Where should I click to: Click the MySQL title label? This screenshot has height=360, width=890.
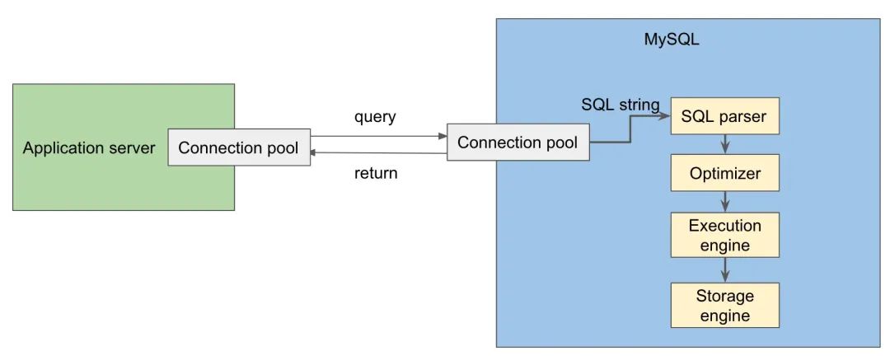(672, 40)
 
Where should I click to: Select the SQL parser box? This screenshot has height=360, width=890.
(724, 116)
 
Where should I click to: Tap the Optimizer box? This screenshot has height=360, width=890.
(724, 174)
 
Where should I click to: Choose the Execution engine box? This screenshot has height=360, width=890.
(724, 235)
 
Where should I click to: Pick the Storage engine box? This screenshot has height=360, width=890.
(724, 305)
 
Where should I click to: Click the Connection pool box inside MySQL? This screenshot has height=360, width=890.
(518, 142)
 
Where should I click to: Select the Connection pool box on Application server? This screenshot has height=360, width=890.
(239, 147)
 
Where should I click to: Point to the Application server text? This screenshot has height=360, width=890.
(88, 148)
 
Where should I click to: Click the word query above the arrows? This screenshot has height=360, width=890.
(375, 117)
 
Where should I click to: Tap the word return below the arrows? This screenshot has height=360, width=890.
(376, 173)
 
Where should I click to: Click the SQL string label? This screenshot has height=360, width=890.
(620, 105)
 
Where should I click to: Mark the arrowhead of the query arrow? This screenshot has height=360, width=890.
(442, 136)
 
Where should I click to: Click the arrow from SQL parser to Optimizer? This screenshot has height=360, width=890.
(724, 145)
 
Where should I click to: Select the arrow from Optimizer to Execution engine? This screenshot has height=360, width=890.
(724, 202)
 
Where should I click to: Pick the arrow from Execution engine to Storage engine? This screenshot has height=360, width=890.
(724, 269)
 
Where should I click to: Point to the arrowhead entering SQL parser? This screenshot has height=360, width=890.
(666, 116)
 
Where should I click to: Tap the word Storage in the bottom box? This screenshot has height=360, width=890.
(724, 296)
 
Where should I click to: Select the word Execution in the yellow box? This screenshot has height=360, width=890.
(724, 226)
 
